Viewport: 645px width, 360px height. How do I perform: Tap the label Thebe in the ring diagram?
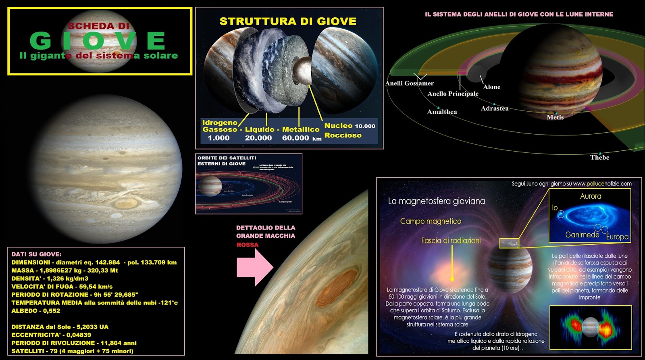click(x=599, y=158)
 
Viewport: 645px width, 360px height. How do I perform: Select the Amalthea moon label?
click(x=442, y=112)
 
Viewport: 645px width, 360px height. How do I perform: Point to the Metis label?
click(x=555, y=117)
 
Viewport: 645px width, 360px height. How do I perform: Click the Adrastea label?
click(x=495, y=108)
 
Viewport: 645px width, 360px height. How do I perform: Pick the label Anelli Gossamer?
click(x=409, y=83)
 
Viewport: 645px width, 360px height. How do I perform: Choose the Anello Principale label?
click(x=453, y=94)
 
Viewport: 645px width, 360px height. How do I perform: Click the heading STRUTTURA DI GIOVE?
click(x=288, y=21)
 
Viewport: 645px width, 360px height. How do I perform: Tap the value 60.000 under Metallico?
click(x=295, y=138)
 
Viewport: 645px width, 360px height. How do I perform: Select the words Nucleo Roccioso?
click(x=343, y=131)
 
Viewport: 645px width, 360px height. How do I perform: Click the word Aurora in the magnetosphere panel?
click(x=591, y=196)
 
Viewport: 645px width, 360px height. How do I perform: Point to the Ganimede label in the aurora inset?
click(x=582, y=235)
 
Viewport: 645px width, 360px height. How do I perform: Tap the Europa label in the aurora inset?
click(x=617, y=237)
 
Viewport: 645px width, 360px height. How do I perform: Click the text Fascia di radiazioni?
click(x=451, y=241)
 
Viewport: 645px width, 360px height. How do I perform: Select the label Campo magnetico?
click(x=431, y=221)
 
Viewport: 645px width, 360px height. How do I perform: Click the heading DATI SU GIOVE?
click(x=36, y=254)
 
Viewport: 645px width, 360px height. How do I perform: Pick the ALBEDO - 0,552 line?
click(x=35, y=311)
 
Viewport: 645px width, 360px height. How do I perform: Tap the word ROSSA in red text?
click(x=248, y=245)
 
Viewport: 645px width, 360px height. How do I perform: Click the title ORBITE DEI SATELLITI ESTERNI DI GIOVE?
click(x=227, y=161)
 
